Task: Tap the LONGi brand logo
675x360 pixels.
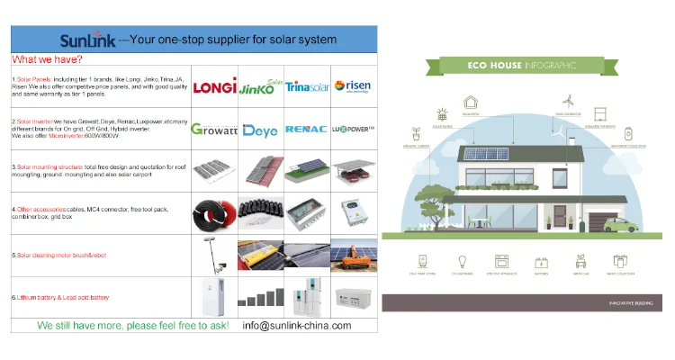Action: (x=214, y=85)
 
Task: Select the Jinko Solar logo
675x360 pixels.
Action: (x=261, y=85)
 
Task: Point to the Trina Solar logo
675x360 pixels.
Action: (x=308, y=86)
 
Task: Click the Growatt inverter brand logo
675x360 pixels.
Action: (x=214, y=129)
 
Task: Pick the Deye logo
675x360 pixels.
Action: (x=261, y=130)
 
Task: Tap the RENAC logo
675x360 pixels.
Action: (x=308, y=129)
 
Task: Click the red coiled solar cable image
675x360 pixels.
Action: (x=214, y=213)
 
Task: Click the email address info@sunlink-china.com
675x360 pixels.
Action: (x=297, y=325)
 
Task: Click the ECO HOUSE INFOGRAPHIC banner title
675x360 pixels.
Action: (x=521, y=66)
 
